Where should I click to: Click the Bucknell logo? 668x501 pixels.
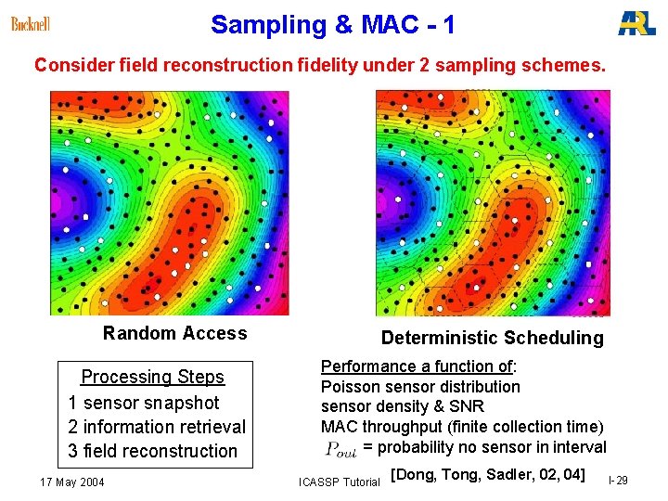(31, 24)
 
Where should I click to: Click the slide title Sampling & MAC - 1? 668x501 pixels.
(332, 25)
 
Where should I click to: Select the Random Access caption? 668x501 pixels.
(175, 333)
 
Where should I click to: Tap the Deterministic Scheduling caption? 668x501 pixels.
(492, 338)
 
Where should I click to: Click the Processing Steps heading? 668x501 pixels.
(153, 377)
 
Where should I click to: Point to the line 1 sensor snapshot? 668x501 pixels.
(144, 403)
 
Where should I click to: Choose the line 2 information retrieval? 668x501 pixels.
(157, 427)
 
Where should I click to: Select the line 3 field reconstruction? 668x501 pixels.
(153, 451)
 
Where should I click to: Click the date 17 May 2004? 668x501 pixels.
(72, 482)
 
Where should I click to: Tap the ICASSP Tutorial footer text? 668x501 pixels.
(339, 482)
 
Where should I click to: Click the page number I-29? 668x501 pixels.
(617, 481)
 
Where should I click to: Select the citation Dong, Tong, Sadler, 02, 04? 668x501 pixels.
(487, 475)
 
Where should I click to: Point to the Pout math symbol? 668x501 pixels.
(340, 449)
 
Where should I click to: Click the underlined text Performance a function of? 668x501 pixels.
(418, 366)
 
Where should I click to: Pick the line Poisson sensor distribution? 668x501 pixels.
(420, 386)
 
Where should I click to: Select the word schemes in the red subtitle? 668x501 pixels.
(567, 66)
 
